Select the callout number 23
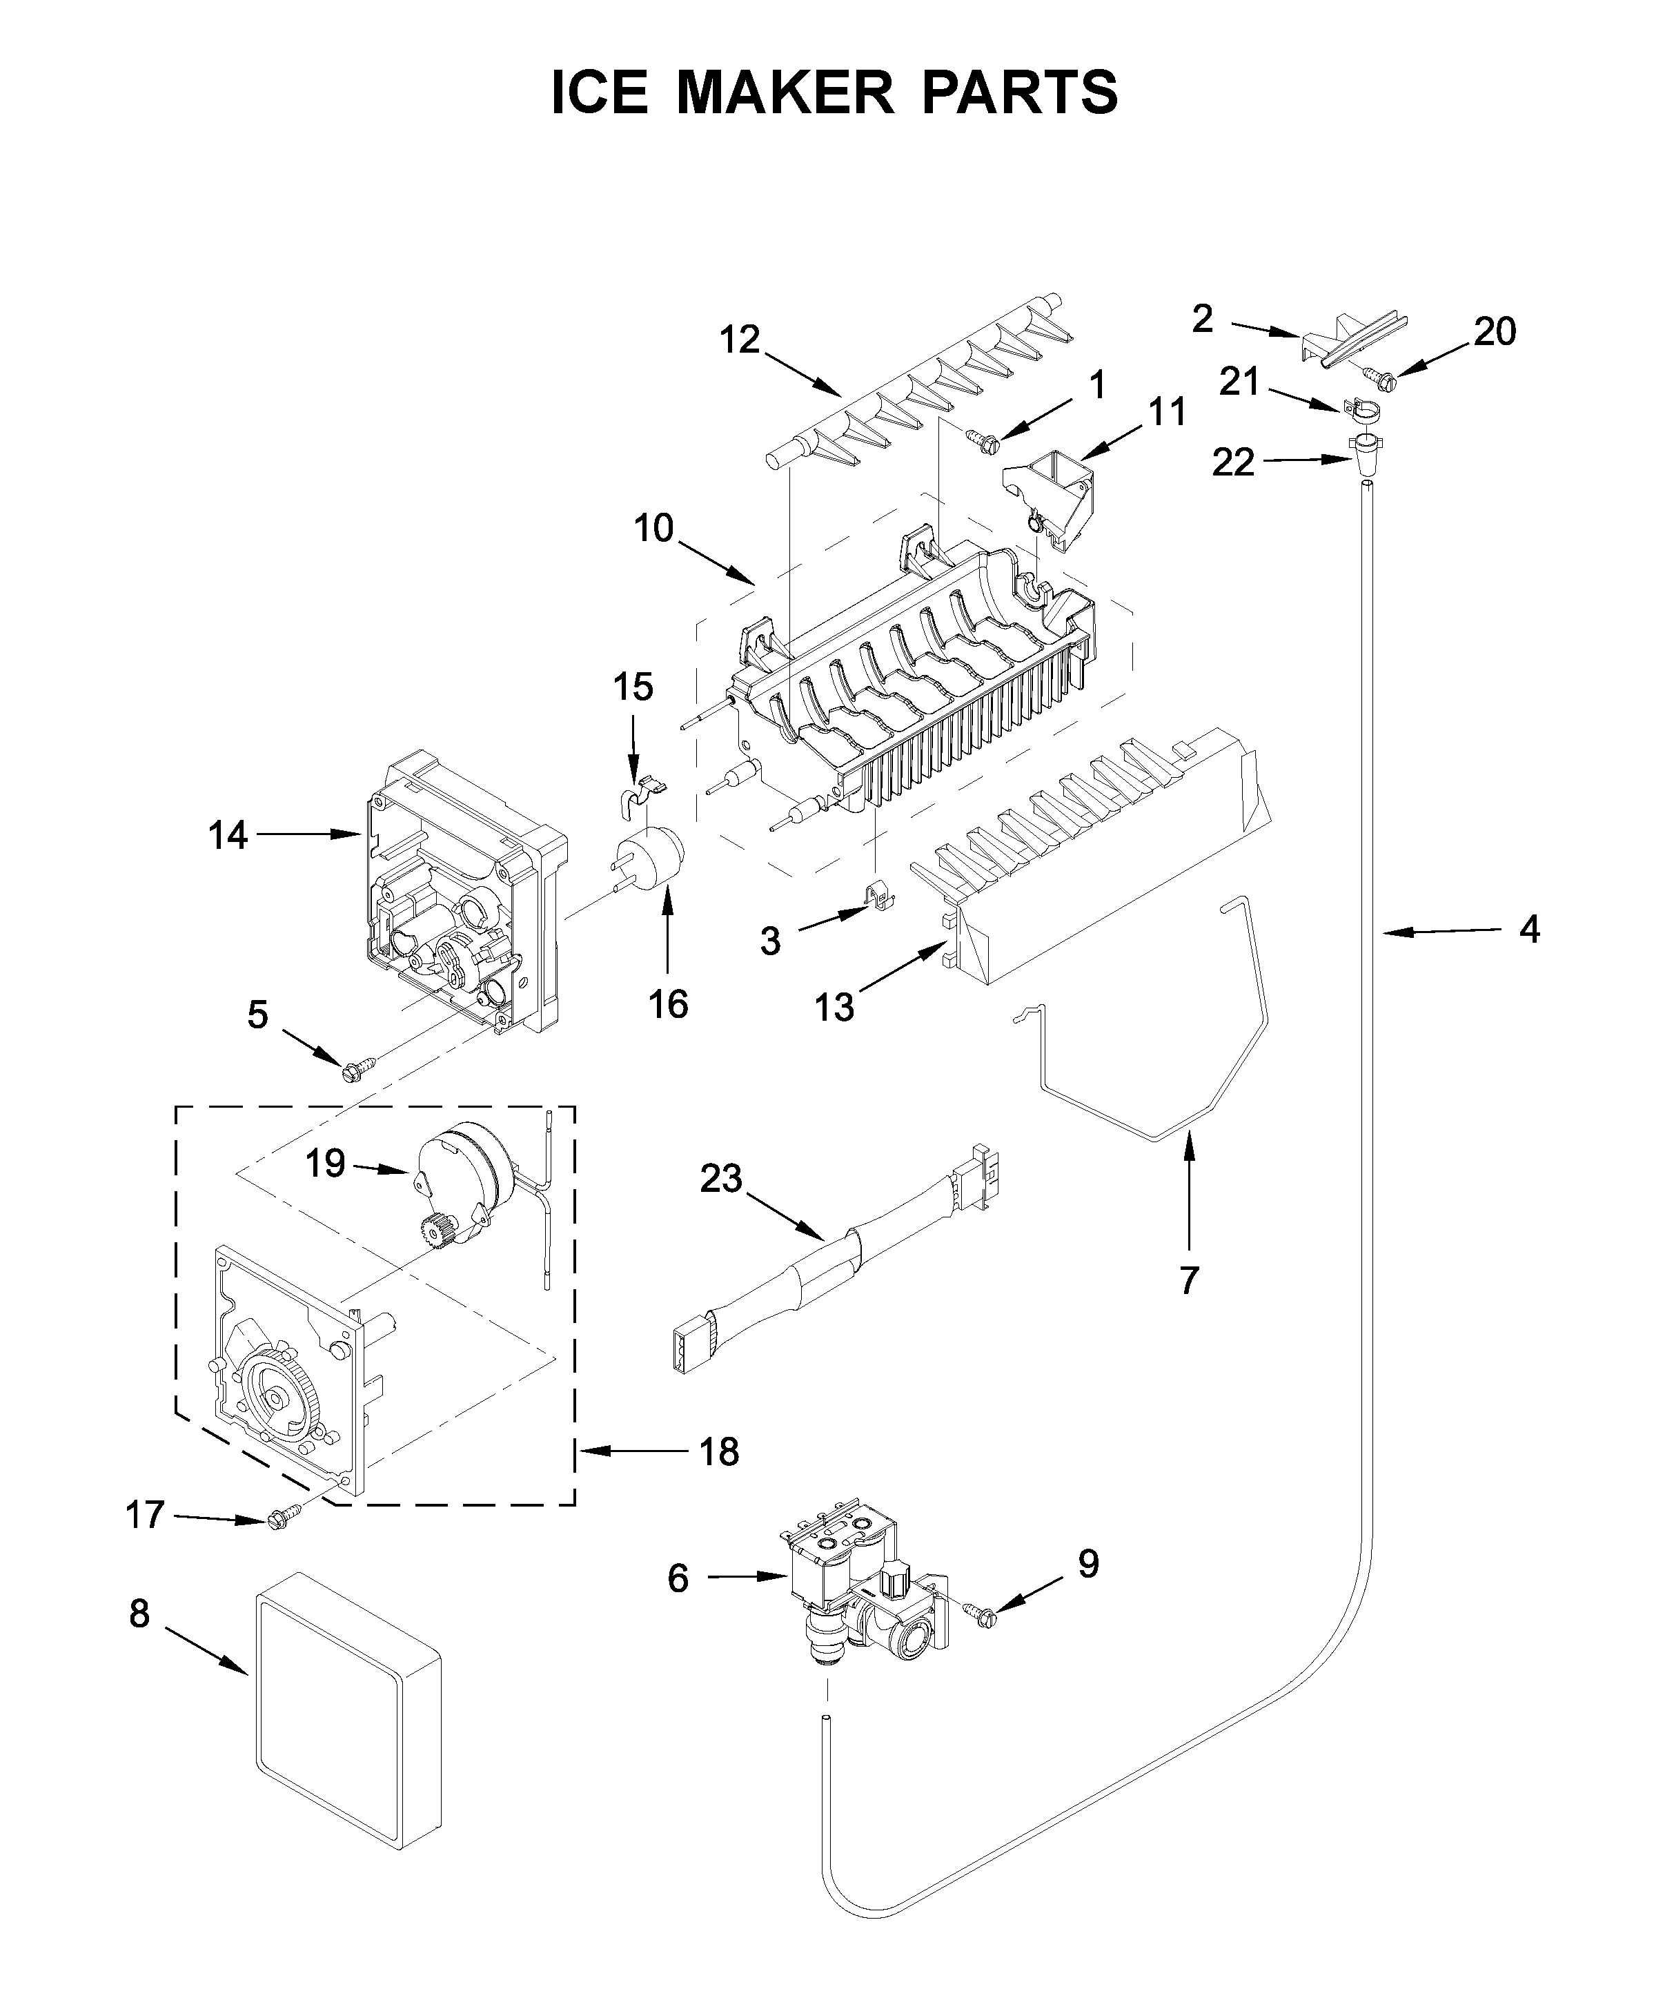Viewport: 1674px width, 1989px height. (720, 1179)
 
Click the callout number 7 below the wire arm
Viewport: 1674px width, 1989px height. (1189, 1280)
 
